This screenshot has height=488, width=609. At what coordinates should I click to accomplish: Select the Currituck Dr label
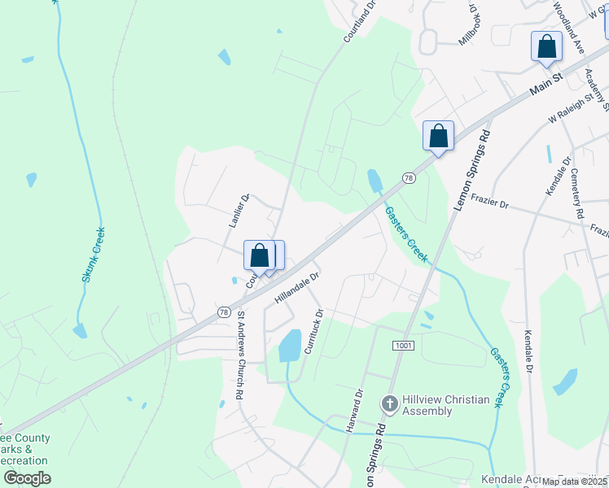(x=313, y=329)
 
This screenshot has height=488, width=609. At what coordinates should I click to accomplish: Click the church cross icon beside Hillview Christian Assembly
(x=389, y=403)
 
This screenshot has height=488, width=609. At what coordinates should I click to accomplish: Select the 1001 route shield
(x=404, y=346)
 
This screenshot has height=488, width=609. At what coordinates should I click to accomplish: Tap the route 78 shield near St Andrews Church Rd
(x=223, y=312)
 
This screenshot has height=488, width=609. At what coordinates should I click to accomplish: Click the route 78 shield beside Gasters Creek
(x=408, y=178)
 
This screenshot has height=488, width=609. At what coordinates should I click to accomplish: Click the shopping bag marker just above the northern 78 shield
(x=438, y=136)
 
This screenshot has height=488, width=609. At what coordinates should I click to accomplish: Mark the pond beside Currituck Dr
(x=290, y=345)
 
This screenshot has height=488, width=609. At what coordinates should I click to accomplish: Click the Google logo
(x=28, y=478)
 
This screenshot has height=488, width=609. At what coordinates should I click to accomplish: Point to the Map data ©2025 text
(x=575, y=481)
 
